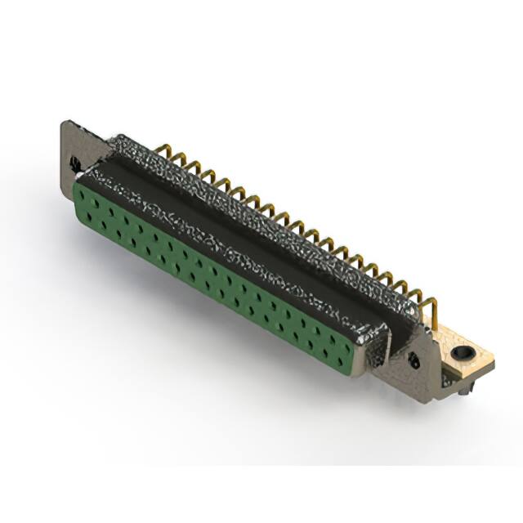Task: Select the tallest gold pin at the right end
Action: [x=431, y=310]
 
